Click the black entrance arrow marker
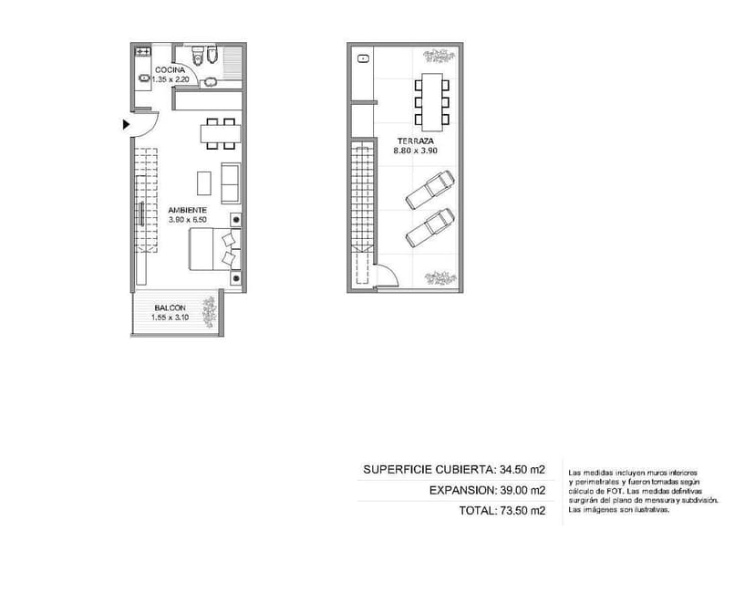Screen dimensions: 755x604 [x=126, y=124]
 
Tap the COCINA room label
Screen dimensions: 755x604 [x=170, y=70]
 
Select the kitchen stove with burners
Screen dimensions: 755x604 [x=142, y=50]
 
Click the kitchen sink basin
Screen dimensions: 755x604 [x=144, y=78]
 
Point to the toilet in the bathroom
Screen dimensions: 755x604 [x=198, y=55]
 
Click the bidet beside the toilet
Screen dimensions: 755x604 [x=212, y=55]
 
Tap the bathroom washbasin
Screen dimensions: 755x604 [x=211, y=82]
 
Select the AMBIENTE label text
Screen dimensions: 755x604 [x=187, y=210]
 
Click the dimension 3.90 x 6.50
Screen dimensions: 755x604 [x=187, y=220]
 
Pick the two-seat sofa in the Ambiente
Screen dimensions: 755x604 [x=230, y=183]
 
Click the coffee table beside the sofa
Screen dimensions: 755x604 [x=204, y=183]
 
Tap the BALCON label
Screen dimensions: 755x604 [x=170, y=307]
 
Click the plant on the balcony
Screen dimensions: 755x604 [x=210, y=312]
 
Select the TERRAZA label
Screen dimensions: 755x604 [x=416, y=141]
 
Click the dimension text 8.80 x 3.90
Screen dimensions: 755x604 [x=416, y=151]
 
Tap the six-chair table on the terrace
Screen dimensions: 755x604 [x=432, y=102]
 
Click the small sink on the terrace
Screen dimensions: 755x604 [x=363, y=58]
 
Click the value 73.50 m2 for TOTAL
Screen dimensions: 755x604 [x=522, y=511]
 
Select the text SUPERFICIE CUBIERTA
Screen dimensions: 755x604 [x=429, y=469]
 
